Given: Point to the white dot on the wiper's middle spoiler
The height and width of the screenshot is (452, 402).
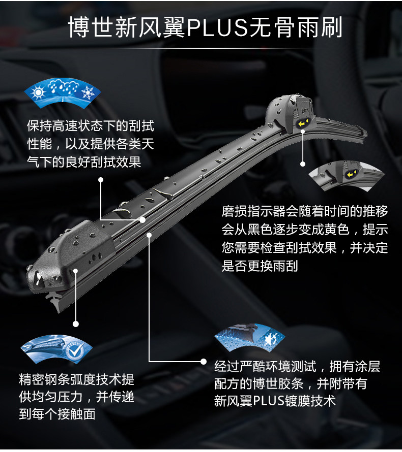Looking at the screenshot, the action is click(143, 220).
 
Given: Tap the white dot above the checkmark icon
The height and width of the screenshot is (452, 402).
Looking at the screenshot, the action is click(76, 324).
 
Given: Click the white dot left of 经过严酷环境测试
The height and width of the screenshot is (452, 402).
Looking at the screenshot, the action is click(205, 361).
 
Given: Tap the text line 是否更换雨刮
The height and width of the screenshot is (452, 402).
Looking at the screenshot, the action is click(260, 266).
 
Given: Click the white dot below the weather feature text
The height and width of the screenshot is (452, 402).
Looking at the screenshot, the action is click(101, 180).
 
